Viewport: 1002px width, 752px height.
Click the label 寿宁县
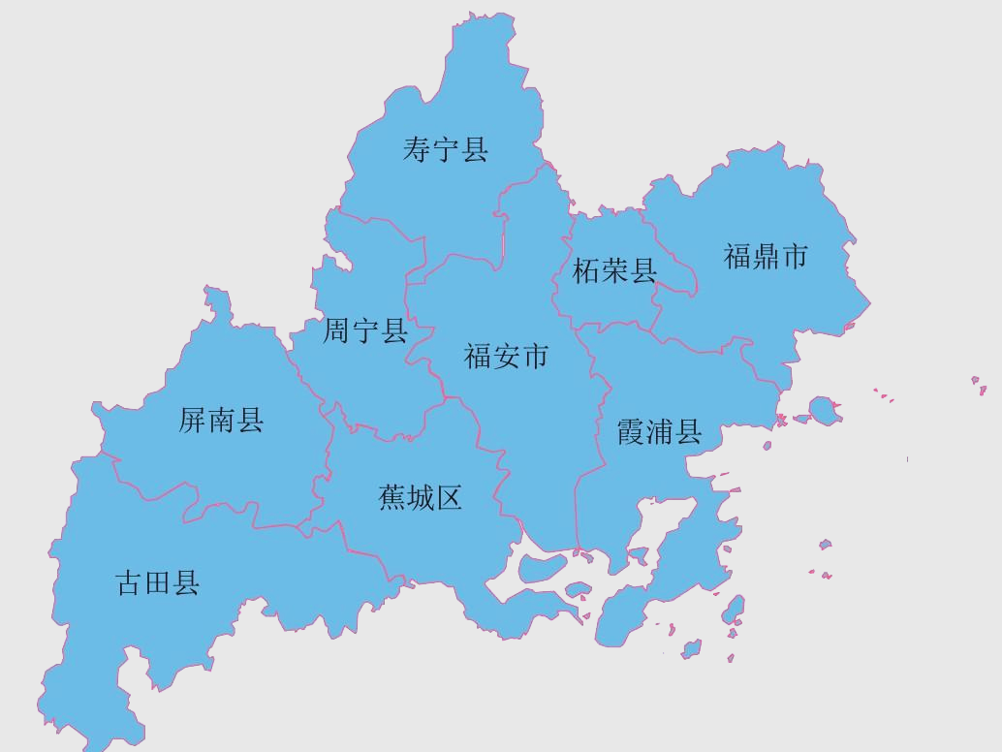coord(446,150)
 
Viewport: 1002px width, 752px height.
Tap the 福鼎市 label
coord(766,257)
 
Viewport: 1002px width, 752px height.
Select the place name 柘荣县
coord(614,271)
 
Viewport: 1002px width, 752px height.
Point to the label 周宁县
coord(365,332)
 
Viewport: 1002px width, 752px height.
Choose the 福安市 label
coord(507,357)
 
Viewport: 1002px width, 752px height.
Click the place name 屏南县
coord(222,421)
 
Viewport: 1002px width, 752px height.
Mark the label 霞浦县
coord(659,432)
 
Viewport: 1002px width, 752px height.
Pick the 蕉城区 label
coord(421,498)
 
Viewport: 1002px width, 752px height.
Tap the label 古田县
coord(158,583)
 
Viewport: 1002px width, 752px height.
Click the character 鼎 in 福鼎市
coord(766,257)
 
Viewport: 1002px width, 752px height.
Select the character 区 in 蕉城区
coord(450,498)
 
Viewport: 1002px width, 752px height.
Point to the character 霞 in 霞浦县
coord(631,432)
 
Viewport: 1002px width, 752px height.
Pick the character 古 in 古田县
coord(129,583)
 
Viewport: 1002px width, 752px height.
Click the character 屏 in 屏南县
coord(193,421)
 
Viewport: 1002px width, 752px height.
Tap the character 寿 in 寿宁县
coord(417,150)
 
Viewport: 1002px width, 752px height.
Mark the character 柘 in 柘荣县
coord(586,271)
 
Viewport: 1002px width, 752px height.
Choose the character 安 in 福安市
coord(507,357)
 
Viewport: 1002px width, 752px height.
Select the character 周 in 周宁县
coord(337,332)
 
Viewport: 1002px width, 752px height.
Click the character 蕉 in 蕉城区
coord(391,498)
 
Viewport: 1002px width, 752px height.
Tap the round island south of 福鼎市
coord(823,410)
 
